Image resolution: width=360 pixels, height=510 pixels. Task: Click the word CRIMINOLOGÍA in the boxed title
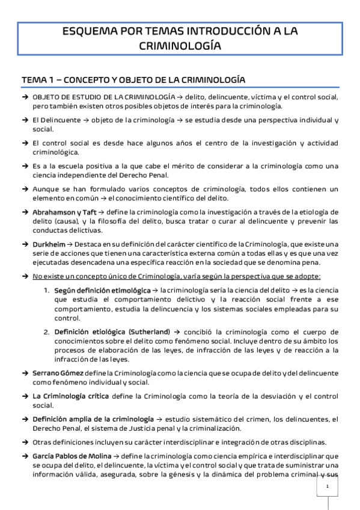click(180, 45)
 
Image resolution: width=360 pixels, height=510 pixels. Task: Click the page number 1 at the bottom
click(326, 487)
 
